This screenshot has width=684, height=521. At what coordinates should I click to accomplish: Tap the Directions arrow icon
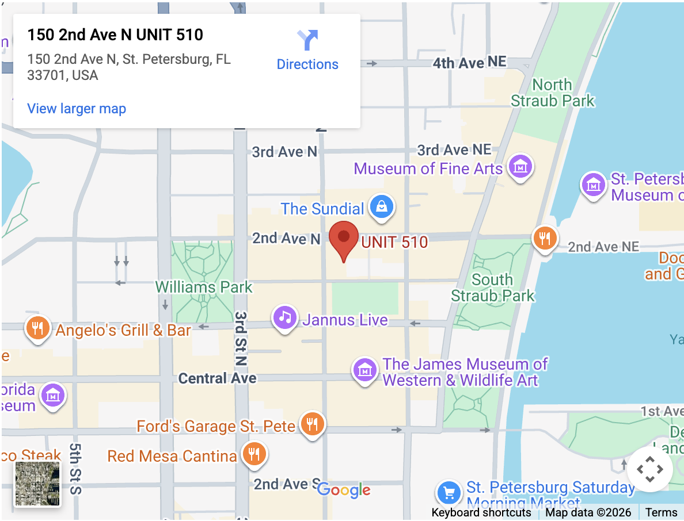click(x=307, y=41)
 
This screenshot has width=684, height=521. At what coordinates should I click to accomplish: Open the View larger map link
click(x=77, y=109)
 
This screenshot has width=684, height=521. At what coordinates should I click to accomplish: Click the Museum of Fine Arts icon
click(x=520, y=167)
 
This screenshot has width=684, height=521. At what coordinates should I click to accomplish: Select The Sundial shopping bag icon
click(x=381, y=206)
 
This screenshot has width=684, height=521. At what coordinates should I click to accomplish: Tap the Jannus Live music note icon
click(x=284, y=317)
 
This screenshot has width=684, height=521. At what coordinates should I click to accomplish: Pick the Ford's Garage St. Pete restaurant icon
click(x=312, y=424)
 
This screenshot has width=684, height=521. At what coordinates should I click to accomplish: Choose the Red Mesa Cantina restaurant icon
click(x=253, y=454)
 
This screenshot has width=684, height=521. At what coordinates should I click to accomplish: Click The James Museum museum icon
click(x=365, y=370)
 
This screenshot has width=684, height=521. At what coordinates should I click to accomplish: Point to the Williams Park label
click(x=204, y=287)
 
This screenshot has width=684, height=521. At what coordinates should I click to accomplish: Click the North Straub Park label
click(x=552, y=93)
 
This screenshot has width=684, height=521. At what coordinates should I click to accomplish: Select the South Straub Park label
click(x=492, y=288)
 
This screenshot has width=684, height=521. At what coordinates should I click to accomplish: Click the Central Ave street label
click(x=217, y=378)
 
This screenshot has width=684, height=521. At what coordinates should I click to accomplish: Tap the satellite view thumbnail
click(x=37, y=484)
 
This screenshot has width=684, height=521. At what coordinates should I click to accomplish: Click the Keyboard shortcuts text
click(x=481, y=512)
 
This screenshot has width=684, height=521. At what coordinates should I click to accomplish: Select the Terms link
click(x=661, y=512)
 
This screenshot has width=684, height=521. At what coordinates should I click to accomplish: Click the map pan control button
click(x=649, y=469)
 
